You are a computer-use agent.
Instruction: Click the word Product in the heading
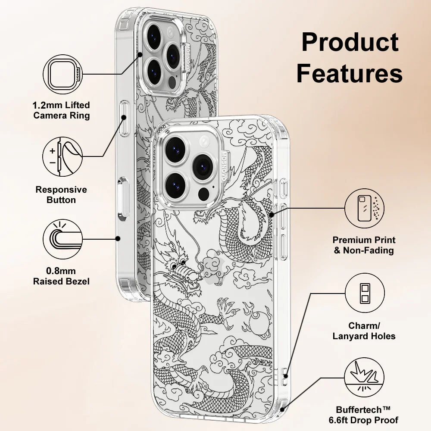pyautogui.click(x=350, y=43)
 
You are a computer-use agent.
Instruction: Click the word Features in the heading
pyautogui.click(x=350, y=73)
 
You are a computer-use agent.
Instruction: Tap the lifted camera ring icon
pyautogui.click(x=63, y=74)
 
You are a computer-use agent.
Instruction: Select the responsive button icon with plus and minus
pyautogui.click(x=63, y=157)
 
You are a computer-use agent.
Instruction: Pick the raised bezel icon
pyautogui.click(x=63, y=239)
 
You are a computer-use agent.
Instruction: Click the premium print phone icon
pyautogui.click(x=365, y=208)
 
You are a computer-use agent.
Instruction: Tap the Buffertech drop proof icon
pyautogui.click(x=365, y=379)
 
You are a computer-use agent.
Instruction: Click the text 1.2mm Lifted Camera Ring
pyautogui.click(x=62, y=110)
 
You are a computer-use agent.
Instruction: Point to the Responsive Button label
pyautogui.click(x=61, y=195)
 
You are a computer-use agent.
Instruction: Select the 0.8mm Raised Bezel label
pyautogui.click(x=61, y=276)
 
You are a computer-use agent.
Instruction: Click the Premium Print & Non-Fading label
pyautogui.click(x=364, y=245)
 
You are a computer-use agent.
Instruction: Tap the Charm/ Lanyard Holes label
pyautogui.click(x=364, y=331)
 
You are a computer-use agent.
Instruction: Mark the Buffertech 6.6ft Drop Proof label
pyautogui.click(x=367, y=415)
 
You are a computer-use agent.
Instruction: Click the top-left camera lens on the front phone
pyautogui.click(x=175, y=150)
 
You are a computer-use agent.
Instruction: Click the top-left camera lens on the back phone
pyautogui.click(x=154, y=36)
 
